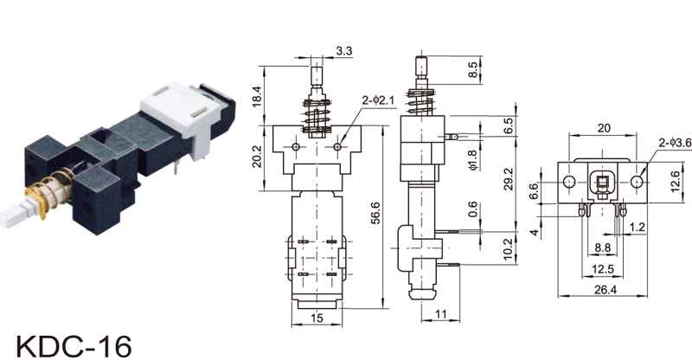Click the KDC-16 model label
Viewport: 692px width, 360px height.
coord(74,345)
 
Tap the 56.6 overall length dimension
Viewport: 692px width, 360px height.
coord(375,213)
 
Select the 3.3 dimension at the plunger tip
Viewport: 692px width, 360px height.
coord(344,51)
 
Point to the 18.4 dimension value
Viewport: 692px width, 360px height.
coord(257,96)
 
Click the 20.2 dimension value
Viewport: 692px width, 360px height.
coord(257,157)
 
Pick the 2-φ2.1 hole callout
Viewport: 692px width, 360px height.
coord(378,100)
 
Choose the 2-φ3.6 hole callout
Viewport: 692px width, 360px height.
coord(676,143)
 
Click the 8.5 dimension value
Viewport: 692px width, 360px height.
coord(472,69)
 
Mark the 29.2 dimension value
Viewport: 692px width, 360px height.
coord(509,178)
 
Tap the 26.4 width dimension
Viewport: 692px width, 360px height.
coord(605,290)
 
